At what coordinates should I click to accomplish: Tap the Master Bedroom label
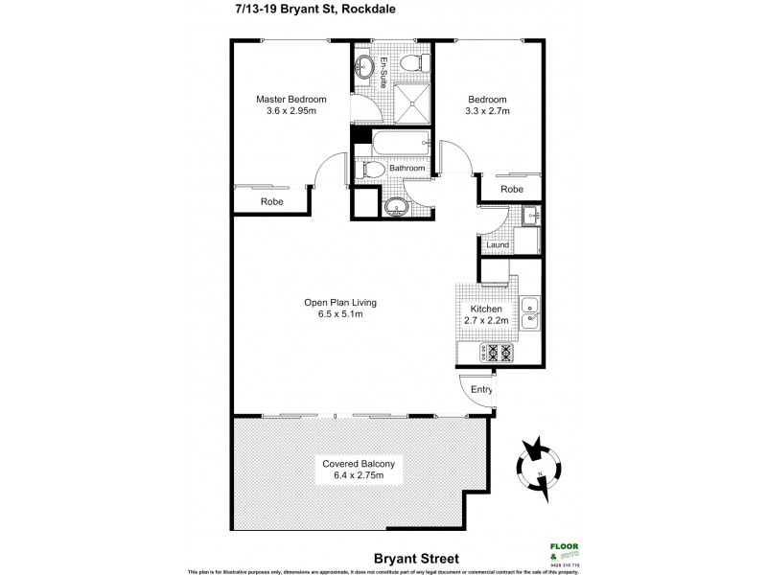point(291,99)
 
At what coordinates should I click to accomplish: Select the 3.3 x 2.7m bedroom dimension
point(486,111)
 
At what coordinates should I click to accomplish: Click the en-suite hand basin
point(364,66)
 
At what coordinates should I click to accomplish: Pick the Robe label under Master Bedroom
point(272,201)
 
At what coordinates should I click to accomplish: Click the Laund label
point(497,245)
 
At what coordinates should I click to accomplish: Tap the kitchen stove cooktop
point(500,352)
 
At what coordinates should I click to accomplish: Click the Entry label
point(482,389)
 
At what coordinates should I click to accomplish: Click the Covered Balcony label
point(360,469)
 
